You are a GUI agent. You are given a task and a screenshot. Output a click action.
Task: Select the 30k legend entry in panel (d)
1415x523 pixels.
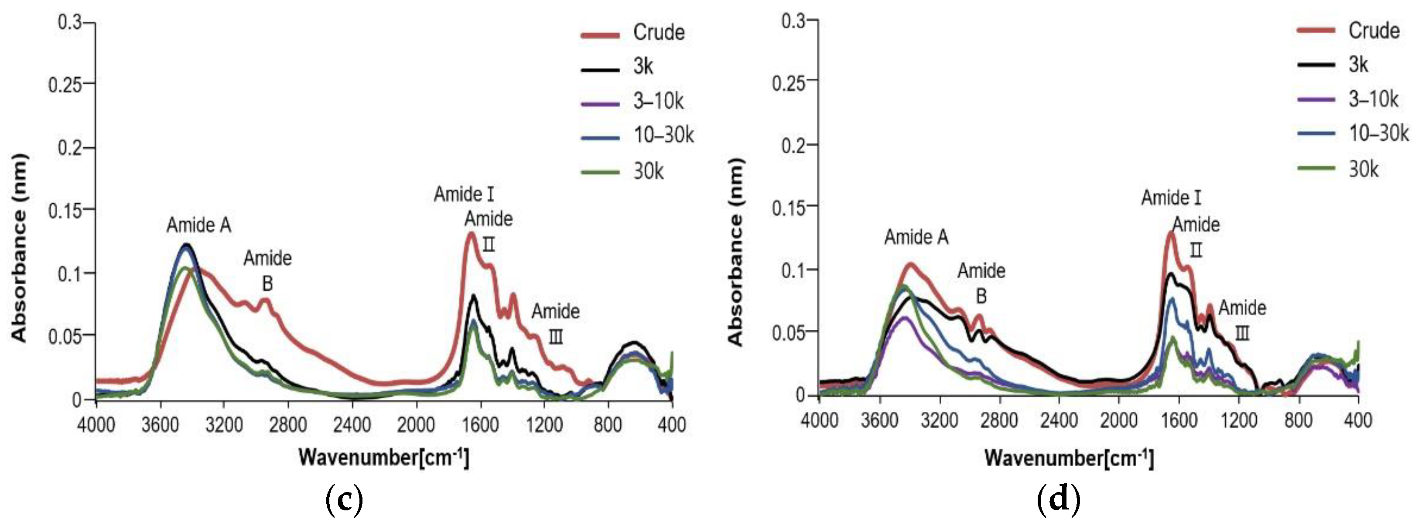point(1364,169)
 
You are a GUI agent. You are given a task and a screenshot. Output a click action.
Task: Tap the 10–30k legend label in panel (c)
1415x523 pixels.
point(663,135)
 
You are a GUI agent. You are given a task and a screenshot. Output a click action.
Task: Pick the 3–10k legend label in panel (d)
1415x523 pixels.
point(1373,99)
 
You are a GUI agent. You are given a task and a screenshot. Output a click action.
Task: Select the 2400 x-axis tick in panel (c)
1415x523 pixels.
point(352,425)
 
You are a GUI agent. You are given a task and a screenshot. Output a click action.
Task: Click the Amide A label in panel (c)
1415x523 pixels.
point(199,225)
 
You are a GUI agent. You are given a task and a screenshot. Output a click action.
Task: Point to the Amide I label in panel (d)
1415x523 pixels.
point(1171,198)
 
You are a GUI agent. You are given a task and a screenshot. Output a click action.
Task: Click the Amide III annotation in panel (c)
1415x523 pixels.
point(555,324)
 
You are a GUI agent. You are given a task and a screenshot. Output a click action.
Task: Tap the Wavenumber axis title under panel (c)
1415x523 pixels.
point(383,457)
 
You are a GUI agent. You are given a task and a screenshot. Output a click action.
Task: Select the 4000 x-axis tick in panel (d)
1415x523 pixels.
point(819,421)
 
